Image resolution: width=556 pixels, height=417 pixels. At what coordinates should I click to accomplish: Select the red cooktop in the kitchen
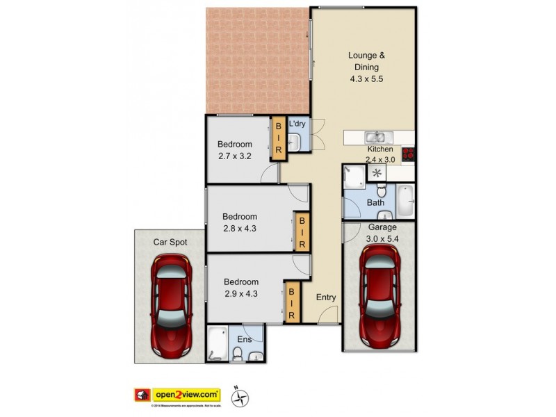click(408, 154)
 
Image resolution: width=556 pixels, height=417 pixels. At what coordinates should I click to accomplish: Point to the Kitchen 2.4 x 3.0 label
click(380, 154)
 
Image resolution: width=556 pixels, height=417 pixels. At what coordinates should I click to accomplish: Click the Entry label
click(326, 297)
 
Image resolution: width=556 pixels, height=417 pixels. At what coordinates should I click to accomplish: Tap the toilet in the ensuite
click(237, 354)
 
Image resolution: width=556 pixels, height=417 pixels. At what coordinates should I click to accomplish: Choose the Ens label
click(243, 340)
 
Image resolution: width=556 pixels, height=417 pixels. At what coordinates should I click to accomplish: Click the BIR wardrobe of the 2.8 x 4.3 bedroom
click(302, 232)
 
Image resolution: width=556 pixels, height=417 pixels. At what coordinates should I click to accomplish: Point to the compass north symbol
click(240, 397)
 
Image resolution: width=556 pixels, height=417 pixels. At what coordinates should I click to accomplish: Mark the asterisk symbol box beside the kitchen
click(377, 173)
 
